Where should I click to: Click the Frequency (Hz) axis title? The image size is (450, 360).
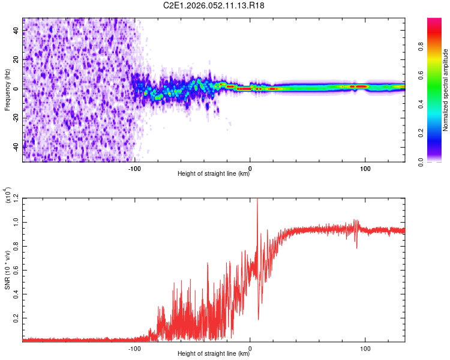click(8, 89)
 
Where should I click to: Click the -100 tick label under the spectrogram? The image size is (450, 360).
click(134, 168)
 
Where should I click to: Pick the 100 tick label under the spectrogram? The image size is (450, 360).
click(365, 168)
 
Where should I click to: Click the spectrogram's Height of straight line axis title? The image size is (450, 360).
click(214, 174)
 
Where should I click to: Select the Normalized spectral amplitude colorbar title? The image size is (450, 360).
click(446, 90)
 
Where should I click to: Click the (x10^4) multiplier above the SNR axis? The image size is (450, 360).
click(8, 195)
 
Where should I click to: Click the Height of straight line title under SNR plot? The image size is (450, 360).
click(214, 354)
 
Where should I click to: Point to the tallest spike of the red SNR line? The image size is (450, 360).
click(257, 200)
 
